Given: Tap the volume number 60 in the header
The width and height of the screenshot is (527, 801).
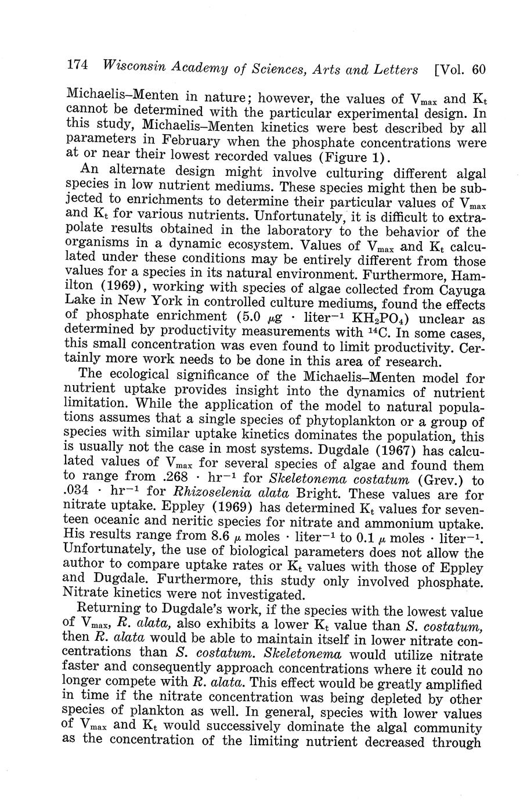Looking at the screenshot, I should (478, 70).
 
